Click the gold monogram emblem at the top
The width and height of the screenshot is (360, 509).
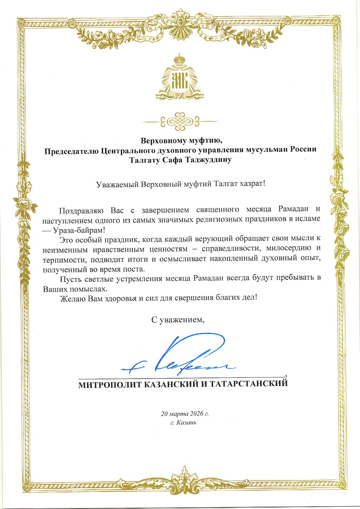click(180, 81)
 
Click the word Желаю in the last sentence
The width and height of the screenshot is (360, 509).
click(71, 298)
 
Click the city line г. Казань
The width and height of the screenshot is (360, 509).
click(184, 423)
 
